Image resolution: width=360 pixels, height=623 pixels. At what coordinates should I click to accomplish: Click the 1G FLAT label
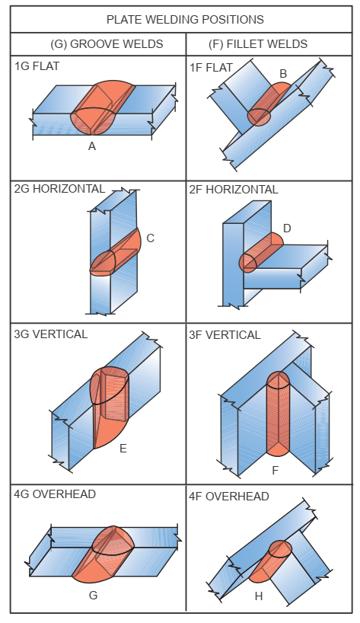pos(37,66)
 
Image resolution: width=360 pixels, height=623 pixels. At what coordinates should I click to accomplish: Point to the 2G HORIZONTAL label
pos(59,189)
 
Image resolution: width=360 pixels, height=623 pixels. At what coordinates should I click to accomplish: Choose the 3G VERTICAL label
pos(51,334)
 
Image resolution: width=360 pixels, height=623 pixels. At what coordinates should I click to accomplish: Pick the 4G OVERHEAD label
pos(55,494)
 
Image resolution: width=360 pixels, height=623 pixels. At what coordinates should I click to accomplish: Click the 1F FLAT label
pos(212,68)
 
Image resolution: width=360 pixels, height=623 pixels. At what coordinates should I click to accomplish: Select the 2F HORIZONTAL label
pos(234,190)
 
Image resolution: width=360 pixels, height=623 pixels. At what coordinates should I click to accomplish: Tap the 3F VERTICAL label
pos(225,335)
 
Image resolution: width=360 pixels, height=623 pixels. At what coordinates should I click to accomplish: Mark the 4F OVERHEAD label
pos(229,497)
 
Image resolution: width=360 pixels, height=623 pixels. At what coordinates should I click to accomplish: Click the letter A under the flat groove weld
pos(92,146)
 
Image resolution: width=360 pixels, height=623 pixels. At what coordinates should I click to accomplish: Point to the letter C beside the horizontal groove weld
pos(151,238)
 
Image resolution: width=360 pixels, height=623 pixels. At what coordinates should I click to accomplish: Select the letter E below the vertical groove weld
pos(123,448)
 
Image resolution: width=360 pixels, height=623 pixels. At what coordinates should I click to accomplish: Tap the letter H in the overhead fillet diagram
pos(259,596)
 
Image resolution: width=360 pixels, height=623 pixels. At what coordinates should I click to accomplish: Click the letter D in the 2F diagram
pos(287,228)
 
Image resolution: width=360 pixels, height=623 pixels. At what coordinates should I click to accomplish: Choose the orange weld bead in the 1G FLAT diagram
pos(103,107)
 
